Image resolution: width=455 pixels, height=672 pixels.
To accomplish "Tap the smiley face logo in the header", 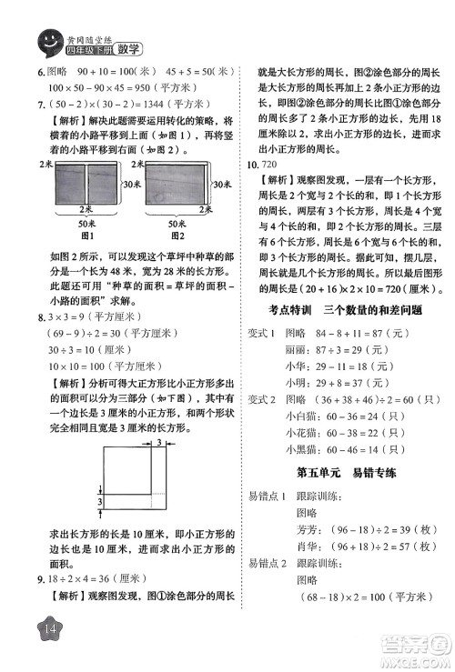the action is tap(45, 40).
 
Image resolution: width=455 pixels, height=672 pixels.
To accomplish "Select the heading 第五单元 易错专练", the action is tap(341, 474).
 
